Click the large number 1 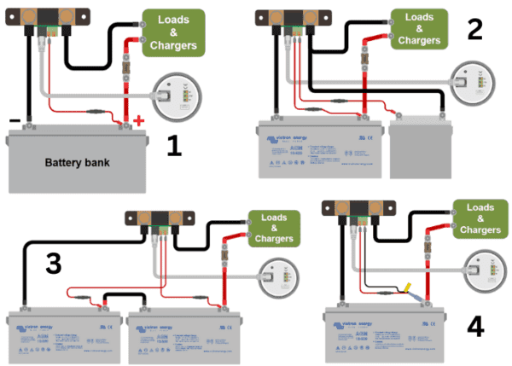(174, 147)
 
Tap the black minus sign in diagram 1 (15, 119)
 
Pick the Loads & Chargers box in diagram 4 (476, 219)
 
